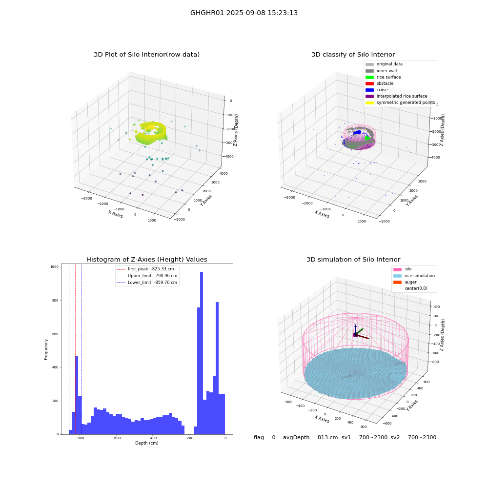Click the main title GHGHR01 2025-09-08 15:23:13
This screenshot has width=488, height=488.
244,13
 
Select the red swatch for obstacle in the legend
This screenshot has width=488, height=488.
369,83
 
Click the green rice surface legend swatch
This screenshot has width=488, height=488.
369,77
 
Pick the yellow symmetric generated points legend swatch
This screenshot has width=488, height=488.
369,102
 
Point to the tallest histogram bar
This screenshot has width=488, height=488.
202,353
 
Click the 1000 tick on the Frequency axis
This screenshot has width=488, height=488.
55,267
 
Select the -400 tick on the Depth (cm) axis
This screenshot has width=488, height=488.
152,438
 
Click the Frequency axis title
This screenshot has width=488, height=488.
46,349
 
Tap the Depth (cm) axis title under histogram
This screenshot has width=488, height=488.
146,443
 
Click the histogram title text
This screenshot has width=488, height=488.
146,259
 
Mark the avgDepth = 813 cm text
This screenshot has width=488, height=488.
310,437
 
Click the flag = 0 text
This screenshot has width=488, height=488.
264,437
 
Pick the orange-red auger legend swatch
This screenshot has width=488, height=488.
397,282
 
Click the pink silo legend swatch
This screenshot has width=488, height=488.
397,269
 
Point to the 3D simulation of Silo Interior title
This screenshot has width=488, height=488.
353,259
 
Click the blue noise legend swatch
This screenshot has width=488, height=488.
369,90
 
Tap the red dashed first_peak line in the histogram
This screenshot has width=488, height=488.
75,349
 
